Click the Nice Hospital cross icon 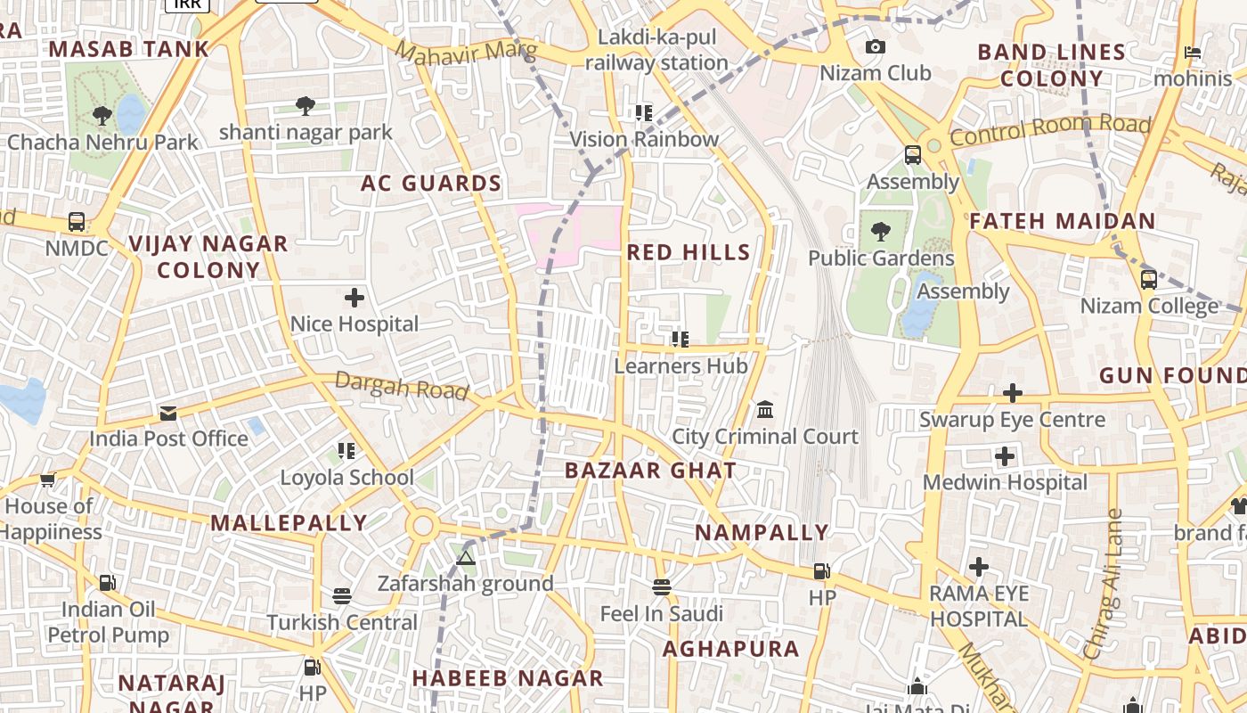pyautogui.click(x=355, y=298)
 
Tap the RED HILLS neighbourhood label pyautogui.click(x=689, y=252)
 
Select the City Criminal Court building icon pyautogui.click(x=764, y=410)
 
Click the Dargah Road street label pyautogui.click(x=402, y=387)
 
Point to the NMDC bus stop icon pyautogui.click(x=77, y=222)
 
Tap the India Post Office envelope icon pyautogui.click(x=168, y=414)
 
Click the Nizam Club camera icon pyautogui.click(x=876, y=47)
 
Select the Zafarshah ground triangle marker pyautogui.click(x=465, y=559)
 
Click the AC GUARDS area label pyautogui.click(x=431, y=184)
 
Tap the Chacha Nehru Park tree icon pyautogui.click(x=102, y=115)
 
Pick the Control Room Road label pyautogui.click(x=1050, y=130)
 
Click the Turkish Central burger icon pyautogui.click(x=342, y=595)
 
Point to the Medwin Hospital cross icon pyautogui.click(x=1005, y=457)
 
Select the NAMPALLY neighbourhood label pyautogui.click(x=762, y=533)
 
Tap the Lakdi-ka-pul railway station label pyautogui.click(x=656, y=50)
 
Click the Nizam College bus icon pyautogui.click(x=1149, y=279)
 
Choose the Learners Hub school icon pyautogui.click(x=681, y=339)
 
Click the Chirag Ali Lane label pyautogui.click(x=1102, y=584)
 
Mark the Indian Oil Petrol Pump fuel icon pyautogui.click(x=107, y=583)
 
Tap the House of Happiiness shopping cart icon pyautogui.click(x=47, y=480)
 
